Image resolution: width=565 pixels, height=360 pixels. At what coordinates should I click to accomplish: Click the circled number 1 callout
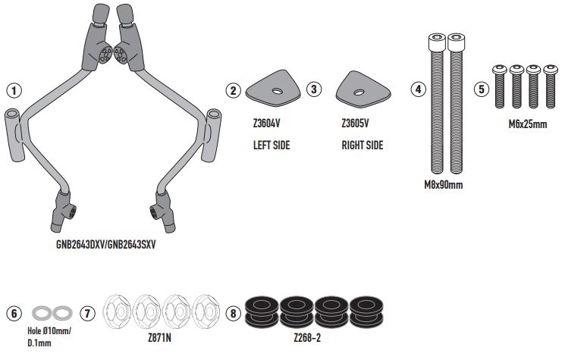(x=13, y=90)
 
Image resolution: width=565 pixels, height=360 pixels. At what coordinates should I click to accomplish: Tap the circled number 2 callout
(x=234, y=90)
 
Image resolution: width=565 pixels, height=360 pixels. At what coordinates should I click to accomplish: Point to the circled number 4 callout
(x=417, y=90)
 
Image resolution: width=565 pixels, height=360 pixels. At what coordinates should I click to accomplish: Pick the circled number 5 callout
(x=481, y=90)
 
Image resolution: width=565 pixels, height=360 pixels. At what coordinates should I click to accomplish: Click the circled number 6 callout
(x=13, y=312)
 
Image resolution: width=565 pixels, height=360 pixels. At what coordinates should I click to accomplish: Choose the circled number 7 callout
(x=88, y=312)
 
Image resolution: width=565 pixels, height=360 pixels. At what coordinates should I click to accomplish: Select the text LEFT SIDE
(x=272, y=145)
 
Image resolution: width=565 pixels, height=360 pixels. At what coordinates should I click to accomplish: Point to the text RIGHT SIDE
(x=363, y=145)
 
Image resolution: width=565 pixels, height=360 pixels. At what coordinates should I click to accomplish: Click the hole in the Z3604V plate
(x=277, y=91)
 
